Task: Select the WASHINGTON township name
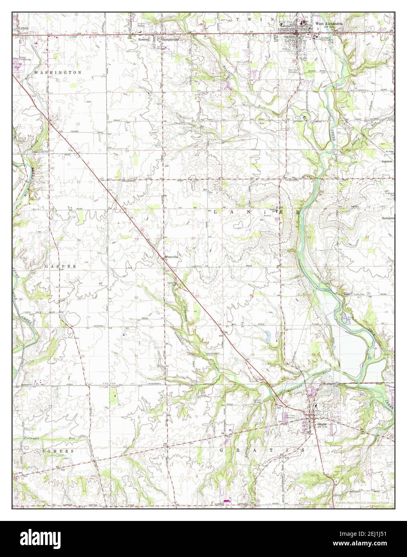point(58,73)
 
